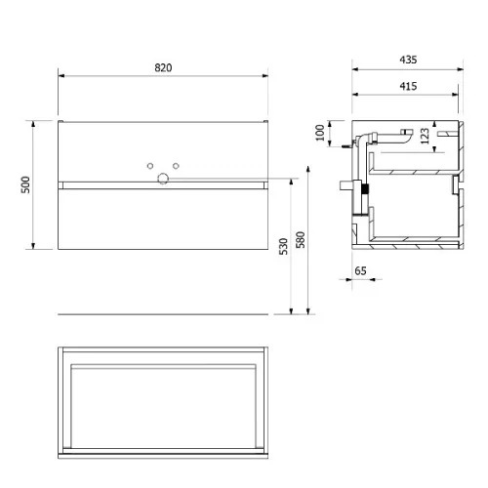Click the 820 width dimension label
coord(163,67)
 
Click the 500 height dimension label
coord(25,184)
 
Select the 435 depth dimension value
coord(408,60)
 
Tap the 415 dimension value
coord(408,86)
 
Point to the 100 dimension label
coord(320,133)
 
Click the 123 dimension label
coord(425,136)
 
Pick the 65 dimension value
coord(360,270)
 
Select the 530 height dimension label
coord(283,246)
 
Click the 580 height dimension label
coord(301,240)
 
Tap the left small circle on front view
coord(150,166)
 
